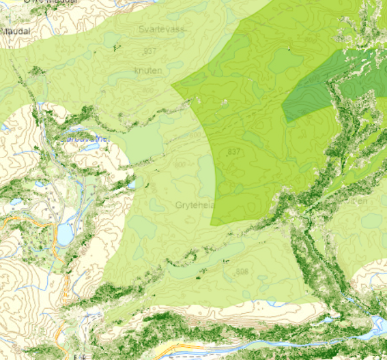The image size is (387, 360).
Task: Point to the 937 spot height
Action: (150, 51)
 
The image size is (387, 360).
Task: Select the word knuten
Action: (148, 70)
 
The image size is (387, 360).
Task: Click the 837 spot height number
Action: (234, 151)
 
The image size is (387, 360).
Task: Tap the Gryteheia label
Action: (195, 205)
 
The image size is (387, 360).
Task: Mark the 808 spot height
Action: (242, 272)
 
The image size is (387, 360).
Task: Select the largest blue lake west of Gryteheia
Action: (65, 235)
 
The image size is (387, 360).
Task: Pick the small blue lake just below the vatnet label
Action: (91, 146)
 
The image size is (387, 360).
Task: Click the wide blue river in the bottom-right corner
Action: (377, 324)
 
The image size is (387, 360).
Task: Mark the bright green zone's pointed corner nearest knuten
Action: (172, 87)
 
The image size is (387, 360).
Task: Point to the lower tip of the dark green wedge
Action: (289, 122)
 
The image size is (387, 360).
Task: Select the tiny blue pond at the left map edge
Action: (3, 127)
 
